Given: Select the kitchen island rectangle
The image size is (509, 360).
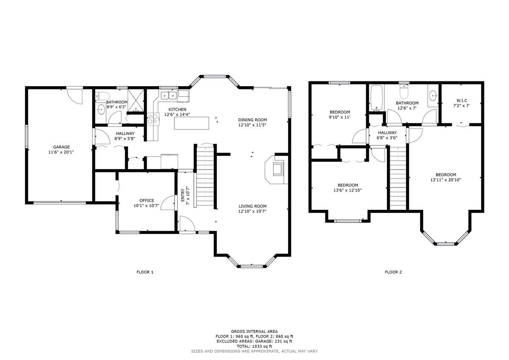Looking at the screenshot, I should tap(192, 123).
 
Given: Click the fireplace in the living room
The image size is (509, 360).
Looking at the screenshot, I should tap(276, 169).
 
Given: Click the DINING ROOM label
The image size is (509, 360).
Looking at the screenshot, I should tap(252, 120).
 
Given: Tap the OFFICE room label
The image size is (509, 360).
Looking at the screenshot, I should tap(147, 201).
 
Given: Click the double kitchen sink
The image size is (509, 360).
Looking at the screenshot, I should tap(168, 95).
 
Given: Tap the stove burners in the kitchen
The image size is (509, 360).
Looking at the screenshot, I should tap(152, 119).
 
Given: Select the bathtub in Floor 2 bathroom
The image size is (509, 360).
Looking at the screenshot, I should tap(376, 96).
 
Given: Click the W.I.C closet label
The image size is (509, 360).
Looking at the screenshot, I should tap(462, 100).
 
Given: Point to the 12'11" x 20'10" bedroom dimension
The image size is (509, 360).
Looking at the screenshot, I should tap(446, 180).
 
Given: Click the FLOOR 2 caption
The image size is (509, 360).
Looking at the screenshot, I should tap(393, 272).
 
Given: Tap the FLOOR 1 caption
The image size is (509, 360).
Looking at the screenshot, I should tap(145, 272).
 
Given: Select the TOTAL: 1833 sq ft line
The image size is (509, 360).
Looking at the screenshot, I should tap(254, 346).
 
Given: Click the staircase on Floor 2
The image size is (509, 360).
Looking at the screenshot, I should tap(398, 178).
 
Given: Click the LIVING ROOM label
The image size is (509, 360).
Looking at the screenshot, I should tap(252, 206).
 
